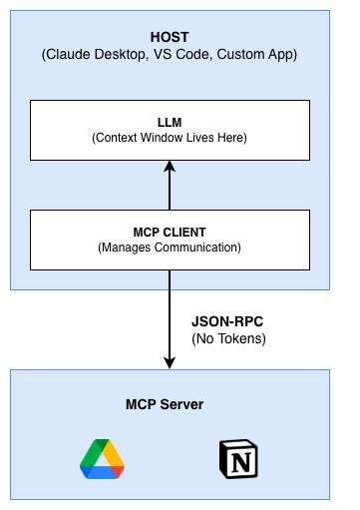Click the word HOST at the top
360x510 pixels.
[x=169, y=37]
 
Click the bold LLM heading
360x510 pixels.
[x=169, y=120]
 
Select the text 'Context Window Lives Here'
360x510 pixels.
[x=169, y=137]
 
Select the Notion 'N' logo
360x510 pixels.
[x=236, y=460]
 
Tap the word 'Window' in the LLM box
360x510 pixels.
[x=171, y=137]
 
